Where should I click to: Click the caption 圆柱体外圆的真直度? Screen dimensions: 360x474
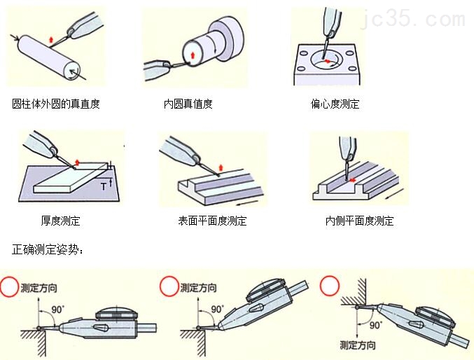pos(56,104)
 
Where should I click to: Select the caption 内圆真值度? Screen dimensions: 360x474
pos(188,104)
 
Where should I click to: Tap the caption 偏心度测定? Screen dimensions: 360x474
pos(335,104)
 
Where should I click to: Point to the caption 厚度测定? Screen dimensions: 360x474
pos(60,221)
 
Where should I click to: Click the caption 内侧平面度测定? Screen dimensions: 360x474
pos(359,221)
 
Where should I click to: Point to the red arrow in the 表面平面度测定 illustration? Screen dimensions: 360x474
pos(221,166)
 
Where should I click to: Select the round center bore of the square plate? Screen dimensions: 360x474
pos(326,62)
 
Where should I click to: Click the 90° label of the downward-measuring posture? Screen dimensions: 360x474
pos(376,325)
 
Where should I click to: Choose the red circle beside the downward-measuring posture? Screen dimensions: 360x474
pos(328,286)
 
